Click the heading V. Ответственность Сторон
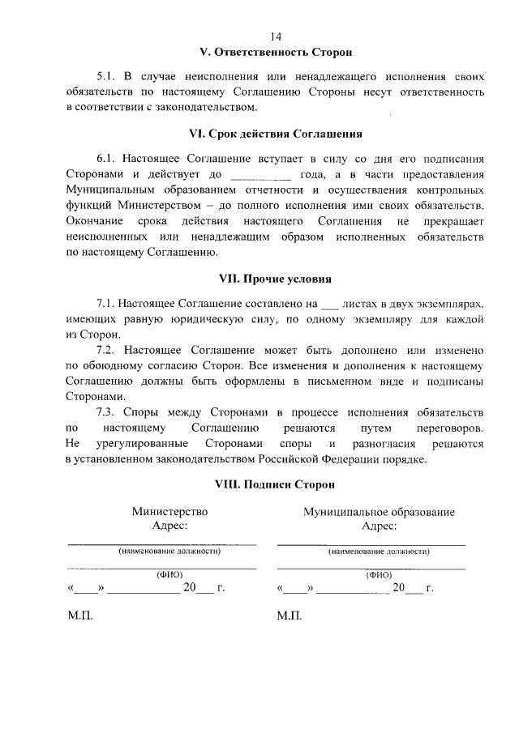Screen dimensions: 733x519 276,53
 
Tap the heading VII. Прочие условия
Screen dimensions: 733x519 276,279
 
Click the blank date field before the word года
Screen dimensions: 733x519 260,174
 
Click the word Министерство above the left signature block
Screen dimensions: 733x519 169,511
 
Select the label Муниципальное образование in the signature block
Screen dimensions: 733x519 379,511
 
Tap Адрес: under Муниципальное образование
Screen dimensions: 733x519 379,526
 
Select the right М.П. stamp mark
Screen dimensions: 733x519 289,616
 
